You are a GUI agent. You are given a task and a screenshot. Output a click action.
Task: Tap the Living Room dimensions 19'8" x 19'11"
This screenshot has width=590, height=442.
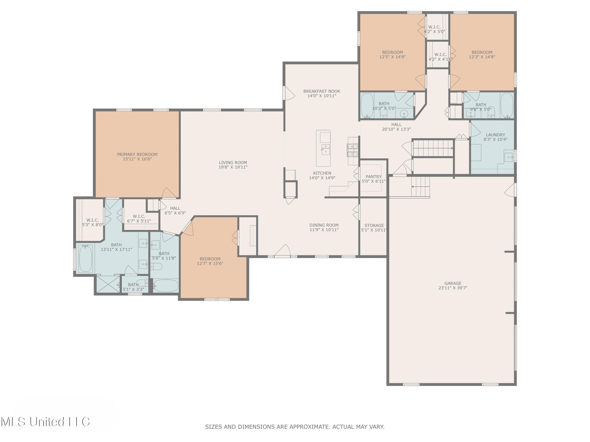(233, 167)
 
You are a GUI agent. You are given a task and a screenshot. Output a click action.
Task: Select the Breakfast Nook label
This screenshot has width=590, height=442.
(322, 91)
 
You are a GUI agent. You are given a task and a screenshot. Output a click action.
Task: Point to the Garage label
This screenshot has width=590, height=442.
(453, 283)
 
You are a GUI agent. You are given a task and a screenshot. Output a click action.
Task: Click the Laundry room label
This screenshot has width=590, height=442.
(495, 135)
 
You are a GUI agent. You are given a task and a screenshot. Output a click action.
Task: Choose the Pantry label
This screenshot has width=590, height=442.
(373, 177)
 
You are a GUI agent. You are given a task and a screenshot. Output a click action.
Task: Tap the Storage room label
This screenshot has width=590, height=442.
(374, 225)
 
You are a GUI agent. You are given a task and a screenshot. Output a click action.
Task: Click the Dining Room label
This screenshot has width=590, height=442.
(324, 225)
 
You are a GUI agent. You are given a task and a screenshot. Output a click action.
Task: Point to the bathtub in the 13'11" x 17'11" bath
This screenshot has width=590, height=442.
(86, 259)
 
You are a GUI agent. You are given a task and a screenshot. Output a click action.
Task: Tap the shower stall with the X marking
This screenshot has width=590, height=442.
(108, 284)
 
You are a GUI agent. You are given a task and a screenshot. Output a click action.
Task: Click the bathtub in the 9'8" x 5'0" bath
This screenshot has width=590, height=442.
(507, 105)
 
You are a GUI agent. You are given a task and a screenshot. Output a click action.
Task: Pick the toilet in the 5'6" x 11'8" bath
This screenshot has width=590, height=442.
(156, 266)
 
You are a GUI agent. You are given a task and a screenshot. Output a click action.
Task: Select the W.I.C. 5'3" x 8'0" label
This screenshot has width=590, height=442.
(92, 222)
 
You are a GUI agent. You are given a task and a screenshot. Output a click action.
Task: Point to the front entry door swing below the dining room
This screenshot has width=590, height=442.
(282, 250)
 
